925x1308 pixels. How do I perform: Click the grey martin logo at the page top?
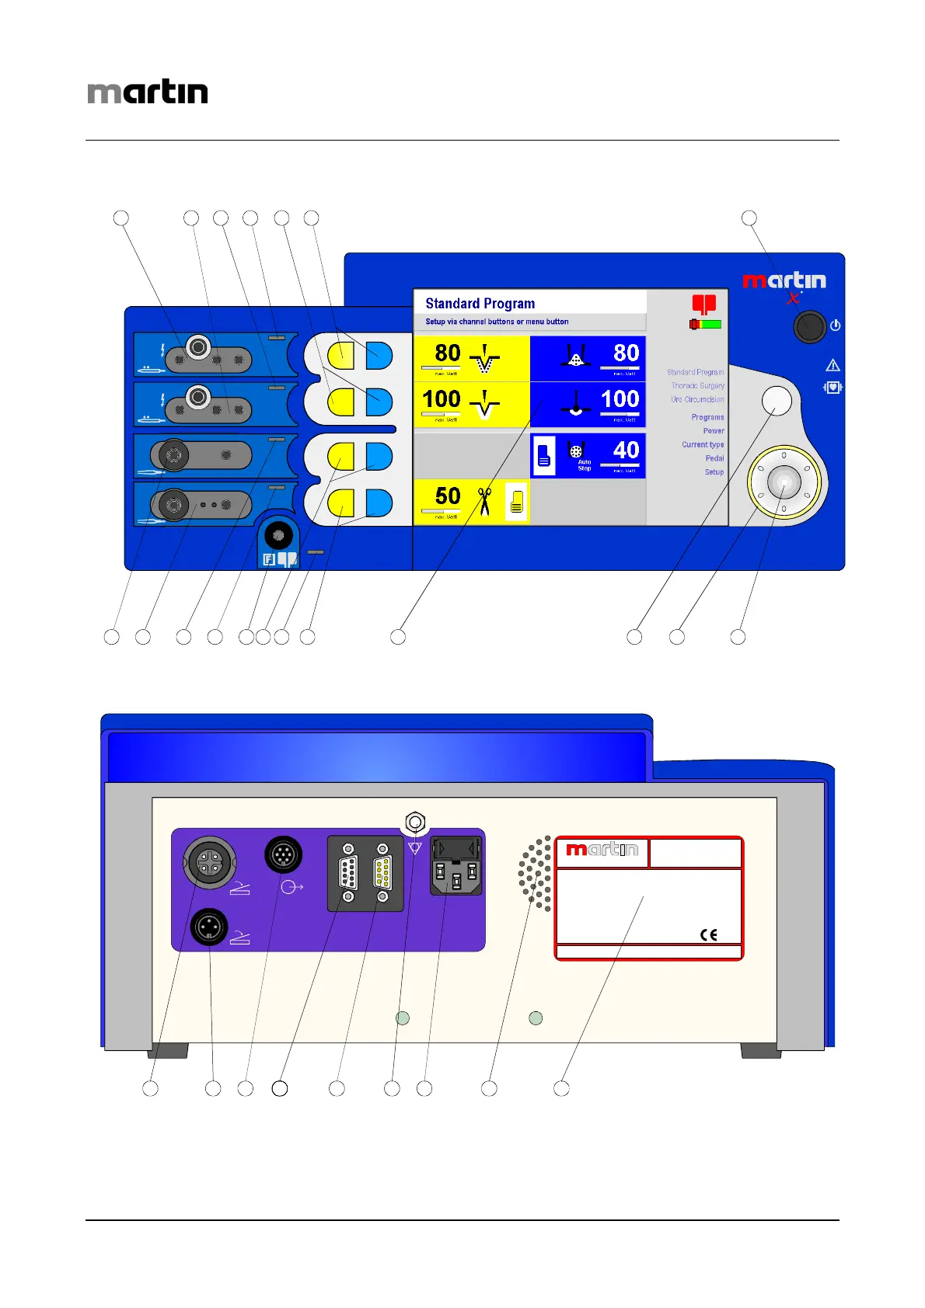pos(148,92)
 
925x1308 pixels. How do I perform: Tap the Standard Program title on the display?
pos(480,303)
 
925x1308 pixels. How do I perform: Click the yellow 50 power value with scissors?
pos(448,496)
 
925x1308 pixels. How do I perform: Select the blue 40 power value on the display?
pos(626,450)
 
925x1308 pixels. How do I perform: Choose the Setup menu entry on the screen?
pos(714,472)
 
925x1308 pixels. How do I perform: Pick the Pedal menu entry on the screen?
pos(714,458)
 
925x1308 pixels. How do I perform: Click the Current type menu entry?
pos(703,445)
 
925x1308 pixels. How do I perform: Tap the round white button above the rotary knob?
pos(777,400)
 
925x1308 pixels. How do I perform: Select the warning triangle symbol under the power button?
pos(832,365)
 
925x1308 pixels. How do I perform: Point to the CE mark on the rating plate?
pos(708,934)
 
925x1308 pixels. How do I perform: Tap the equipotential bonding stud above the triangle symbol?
pos(415,822)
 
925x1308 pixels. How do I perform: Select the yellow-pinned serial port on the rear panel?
pos(382,873)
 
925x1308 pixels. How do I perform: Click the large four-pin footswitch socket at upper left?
pos(209,861)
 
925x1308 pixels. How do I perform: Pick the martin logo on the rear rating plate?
pos(602,850)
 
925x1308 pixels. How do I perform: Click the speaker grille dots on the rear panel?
pos(536,873)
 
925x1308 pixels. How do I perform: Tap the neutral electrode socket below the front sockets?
pos(278,535)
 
